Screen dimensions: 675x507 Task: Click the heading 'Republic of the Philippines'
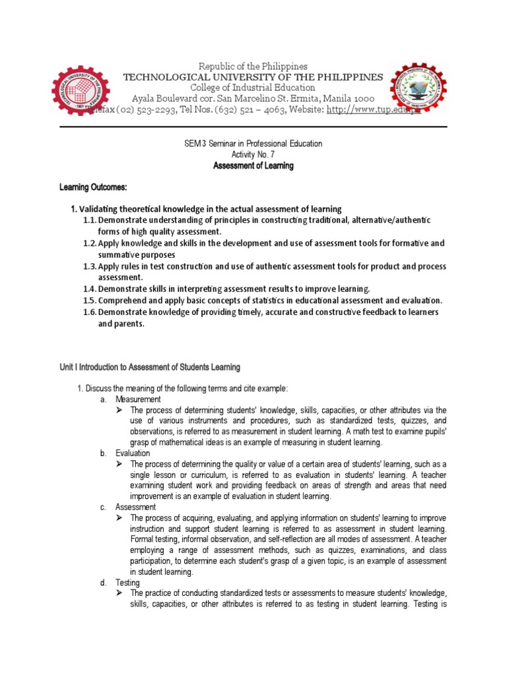point(253,67)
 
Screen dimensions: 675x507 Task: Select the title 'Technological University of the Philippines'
point(253,77)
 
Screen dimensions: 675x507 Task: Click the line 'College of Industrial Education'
point(253,88)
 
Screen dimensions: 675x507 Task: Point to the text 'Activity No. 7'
point(253,154)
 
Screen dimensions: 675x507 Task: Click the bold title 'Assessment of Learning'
point(253,166)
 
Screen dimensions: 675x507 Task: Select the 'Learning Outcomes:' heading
point(90,189)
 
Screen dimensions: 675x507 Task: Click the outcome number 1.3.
point(90,266)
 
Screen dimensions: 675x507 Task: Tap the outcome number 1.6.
point(90,312)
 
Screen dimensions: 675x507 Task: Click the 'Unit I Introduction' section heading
point(150,367)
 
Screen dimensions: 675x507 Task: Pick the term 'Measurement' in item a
point(137,399)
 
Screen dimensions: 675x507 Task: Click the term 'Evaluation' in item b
point(133,454)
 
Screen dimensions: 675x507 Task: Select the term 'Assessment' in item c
point(135,507)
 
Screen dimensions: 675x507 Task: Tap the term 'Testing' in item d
point(127,583)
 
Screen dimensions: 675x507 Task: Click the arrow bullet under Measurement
point(119,410)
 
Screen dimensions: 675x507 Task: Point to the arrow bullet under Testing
point(119,594)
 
